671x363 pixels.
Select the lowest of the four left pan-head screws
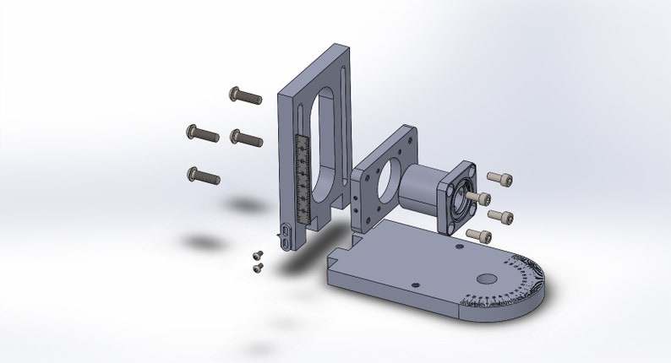pyautogui.click(x=203, y=176)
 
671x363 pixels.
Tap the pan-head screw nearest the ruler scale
pyautogui.click(x=247, y=137)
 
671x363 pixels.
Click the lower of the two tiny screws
pyautogui.click(x=258, y=268)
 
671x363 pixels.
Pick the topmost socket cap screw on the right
pyautogui.click(x=500, y=179)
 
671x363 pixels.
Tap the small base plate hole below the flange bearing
pyautogui.click(x=458, y=248)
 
